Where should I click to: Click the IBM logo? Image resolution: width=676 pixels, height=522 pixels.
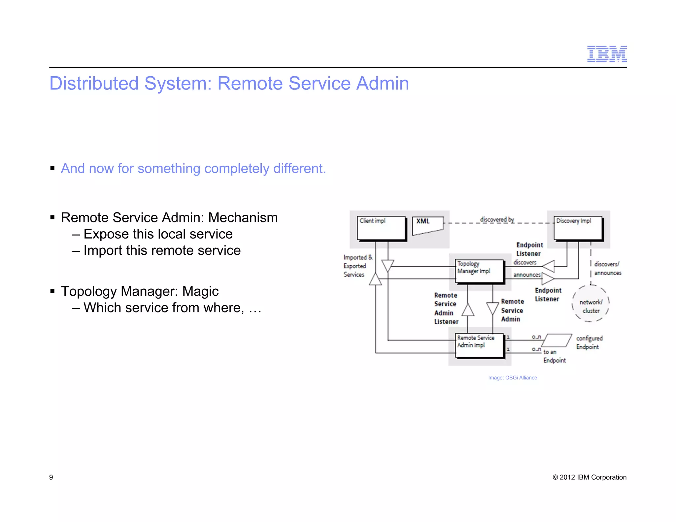607,54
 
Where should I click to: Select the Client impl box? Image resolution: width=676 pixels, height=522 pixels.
381,228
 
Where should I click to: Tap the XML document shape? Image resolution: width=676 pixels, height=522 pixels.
427,225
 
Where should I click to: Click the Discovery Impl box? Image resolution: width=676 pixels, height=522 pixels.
578,228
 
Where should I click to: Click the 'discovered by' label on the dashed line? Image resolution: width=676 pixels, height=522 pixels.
497,219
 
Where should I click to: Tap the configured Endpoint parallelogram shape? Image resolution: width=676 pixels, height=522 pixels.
557,340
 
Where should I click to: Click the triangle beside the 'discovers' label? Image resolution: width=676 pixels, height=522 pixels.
549,266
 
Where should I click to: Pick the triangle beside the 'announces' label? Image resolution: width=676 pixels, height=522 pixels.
548,278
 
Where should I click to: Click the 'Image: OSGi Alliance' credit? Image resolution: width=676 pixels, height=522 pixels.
512,377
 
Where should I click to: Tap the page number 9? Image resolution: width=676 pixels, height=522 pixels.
51,477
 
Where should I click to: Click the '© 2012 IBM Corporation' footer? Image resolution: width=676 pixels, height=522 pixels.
589,477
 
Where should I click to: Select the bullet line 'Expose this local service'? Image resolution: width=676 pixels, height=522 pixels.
158,234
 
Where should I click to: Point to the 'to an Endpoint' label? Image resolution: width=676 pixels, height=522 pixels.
554,356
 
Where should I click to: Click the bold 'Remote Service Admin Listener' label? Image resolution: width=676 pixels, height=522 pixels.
446,308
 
